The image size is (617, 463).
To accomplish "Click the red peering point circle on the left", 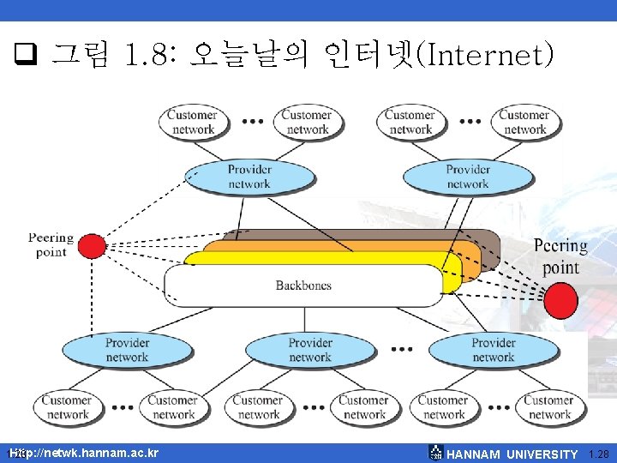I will (92, 246).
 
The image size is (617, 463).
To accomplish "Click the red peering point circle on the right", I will (561, 301).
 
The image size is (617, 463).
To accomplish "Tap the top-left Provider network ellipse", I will (249, 177).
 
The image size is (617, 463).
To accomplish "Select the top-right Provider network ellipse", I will (467, 177).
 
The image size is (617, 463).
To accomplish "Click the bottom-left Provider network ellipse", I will (126, 350).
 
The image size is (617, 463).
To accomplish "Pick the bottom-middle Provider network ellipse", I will (309, 350).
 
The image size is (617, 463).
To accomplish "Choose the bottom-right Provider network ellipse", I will (493, 350).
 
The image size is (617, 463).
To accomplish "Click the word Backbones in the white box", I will (303, 286).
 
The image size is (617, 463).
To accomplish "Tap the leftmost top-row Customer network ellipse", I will (192, 122).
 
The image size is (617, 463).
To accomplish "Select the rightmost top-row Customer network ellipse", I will (524, 122).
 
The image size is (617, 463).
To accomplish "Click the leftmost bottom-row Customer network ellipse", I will (67, 406).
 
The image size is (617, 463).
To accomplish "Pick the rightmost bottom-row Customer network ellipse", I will (548, 406).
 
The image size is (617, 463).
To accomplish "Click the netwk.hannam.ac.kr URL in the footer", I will (86, 452).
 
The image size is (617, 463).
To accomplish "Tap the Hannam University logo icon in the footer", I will (435, 453).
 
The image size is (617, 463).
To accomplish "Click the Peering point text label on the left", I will (51, 244).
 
